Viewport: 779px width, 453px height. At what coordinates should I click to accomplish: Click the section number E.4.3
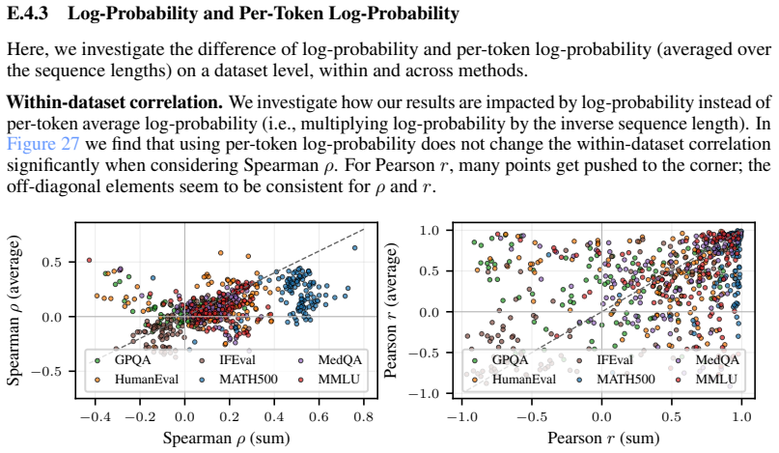pos(27,13)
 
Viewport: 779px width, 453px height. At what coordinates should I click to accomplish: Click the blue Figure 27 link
pos(43,144)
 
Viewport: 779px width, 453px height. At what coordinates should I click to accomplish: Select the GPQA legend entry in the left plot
pos(125,359)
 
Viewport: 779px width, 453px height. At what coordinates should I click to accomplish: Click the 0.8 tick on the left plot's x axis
pos(364,416)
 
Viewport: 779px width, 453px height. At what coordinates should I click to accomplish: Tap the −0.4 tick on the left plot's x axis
pos(95,416)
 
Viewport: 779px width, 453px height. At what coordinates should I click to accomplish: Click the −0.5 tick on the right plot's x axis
pos(532,416)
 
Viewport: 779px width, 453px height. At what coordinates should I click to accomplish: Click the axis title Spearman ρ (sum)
pos(226,439)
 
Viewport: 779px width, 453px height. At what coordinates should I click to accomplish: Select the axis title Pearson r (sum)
pos(603,439)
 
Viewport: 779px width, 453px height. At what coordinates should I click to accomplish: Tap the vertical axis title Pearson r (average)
pos(392,310)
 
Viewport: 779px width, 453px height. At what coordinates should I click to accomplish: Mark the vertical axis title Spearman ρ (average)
pos(14,310)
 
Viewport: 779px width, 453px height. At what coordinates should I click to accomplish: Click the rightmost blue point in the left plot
pos(354,247)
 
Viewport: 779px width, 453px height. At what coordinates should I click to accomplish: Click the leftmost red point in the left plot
pos(89,260)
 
